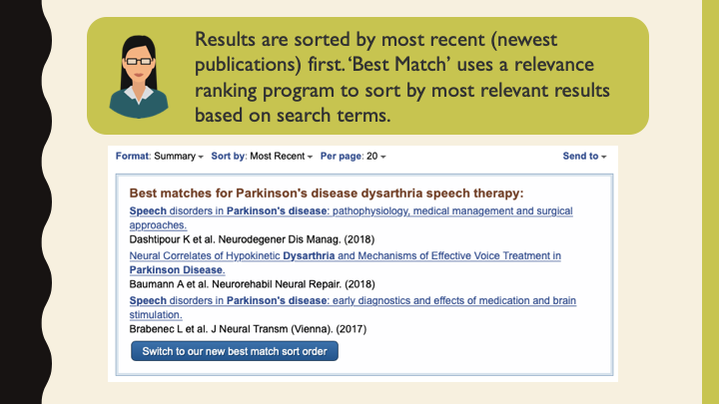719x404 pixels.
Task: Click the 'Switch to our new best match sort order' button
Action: tap(235, 351)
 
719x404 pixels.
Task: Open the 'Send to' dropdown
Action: tap(584, 157)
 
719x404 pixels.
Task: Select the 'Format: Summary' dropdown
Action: tap(160, 157)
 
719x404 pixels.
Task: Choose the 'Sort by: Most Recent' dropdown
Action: tap(262, 157)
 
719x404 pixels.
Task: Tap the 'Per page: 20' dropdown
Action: tap(353, 157)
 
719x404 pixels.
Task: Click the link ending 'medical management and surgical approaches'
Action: tap(351, 211)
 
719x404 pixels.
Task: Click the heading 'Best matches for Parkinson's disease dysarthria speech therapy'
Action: tap(327, 193)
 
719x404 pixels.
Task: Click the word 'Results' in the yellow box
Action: tap(227, 40)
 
